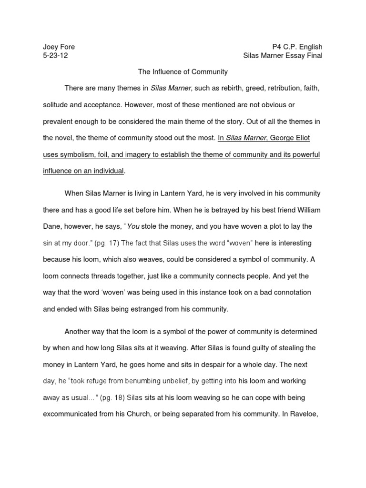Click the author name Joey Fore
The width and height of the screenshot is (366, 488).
point(59,47)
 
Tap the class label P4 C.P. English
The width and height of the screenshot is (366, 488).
point(297,47)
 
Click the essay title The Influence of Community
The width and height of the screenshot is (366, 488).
point(183,72)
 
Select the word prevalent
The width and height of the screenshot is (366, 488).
point(59,121)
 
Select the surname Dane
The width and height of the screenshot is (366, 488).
point(52,226)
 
